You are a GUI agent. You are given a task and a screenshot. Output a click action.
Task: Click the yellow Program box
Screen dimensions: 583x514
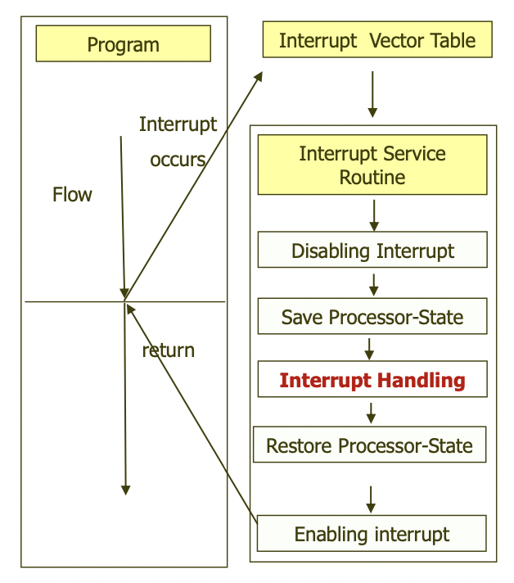[123, 43]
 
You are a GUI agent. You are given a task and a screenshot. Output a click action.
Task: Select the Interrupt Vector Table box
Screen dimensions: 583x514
[376, 40]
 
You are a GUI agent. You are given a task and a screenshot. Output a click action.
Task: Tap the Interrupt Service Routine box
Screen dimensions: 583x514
[372, 165]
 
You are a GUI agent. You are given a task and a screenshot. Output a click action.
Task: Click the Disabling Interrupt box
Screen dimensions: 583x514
[372, 250]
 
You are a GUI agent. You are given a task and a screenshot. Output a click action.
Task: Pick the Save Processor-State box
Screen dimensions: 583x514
[372, 316]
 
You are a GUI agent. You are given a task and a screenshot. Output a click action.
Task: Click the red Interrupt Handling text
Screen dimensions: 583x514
[372, 380]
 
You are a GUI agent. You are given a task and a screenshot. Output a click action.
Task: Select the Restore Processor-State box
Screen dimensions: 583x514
[369, 445]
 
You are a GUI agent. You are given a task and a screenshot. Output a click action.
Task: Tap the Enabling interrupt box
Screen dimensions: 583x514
[372, 534]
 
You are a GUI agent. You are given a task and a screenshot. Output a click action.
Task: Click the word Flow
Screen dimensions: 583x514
[72, 195]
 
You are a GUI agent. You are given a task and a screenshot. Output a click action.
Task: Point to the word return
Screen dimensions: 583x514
[169, 350]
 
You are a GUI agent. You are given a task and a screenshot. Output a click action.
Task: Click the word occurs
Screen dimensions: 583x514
[178, 159]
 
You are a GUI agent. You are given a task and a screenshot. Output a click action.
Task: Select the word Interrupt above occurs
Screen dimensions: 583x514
[178, 124]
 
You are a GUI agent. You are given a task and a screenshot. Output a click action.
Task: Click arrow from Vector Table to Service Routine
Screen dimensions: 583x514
[372, 93]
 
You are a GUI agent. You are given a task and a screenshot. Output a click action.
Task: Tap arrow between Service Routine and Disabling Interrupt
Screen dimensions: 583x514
[374, 215]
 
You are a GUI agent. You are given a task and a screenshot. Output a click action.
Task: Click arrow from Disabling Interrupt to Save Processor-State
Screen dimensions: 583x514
[373, 284]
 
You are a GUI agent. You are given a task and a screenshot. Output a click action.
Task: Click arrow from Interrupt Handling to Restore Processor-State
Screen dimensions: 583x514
[371, 412]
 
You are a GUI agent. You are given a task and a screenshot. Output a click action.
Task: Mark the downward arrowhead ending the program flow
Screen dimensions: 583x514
[125, 489]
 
